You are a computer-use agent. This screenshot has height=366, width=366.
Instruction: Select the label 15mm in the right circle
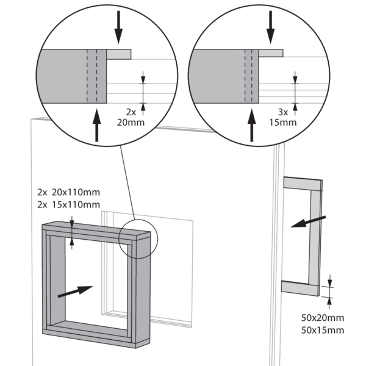click(x=282, y=121)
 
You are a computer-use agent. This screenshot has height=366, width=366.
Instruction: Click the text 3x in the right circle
click(x=282, y=112)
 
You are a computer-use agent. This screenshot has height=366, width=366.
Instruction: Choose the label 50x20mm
click(x=323, y=318)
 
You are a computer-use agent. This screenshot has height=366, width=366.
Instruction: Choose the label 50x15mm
click(x=323, y=330)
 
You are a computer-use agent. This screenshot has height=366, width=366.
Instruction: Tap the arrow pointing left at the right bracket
click(x=308, y=221)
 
